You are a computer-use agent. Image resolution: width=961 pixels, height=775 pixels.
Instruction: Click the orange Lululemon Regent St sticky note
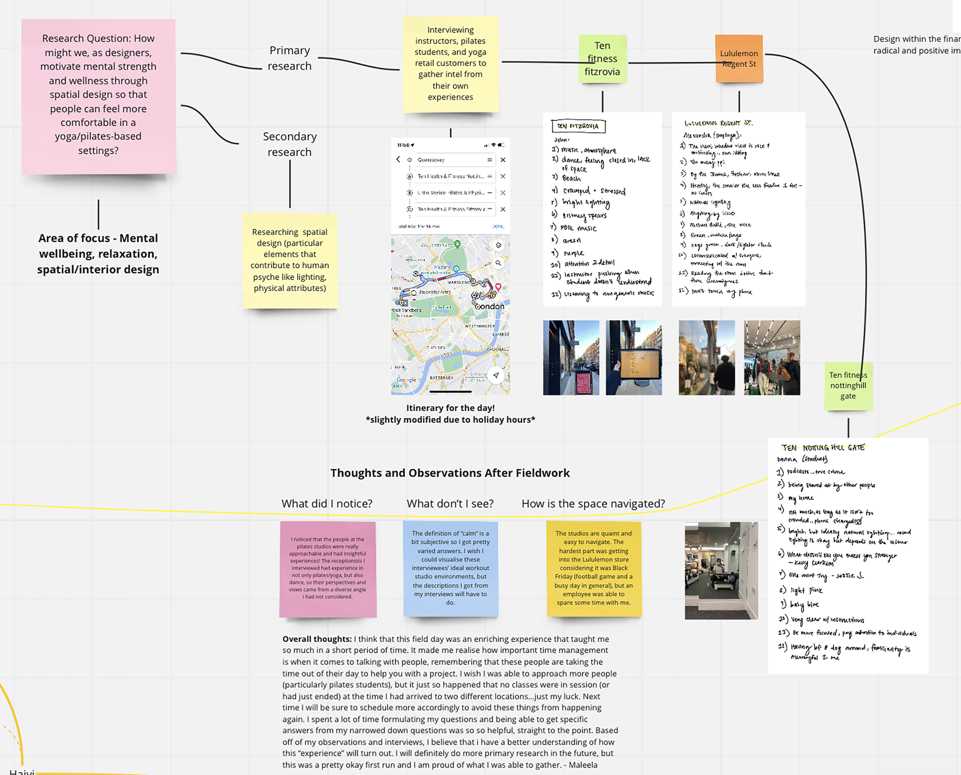click(739, 58)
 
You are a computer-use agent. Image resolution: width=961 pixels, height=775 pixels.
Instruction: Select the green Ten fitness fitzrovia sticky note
click(602, 58)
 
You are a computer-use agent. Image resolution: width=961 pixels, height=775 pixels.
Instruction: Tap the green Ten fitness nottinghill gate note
click(848, 386)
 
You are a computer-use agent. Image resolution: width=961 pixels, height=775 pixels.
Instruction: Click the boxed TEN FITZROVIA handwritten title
click(578, 126)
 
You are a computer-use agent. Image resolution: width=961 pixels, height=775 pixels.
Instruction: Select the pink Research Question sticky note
click(98, 95)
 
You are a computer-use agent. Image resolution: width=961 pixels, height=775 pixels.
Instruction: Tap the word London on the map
click(490, 306)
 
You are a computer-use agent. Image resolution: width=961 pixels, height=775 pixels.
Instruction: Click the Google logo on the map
click(406, 380)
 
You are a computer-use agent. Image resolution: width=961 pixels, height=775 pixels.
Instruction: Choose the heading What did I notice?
click(327, 504)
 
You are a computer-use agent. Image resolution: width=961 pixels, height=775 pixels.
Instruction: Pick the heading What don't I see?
click(450, 504)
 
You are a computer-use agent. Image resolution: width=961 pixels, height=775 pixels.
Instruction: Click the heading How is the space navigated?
click(593, 504)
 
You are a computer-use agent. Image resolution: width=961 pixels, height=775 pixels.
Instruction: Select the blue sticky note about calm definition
click(451, 568)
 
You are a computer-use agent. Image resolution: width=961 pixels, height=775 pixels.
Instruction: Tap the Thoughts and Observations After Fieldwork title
click(450, 473)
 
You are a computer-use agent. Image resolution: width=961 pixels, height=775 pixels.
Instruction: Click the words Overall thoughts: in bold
click(317, 639)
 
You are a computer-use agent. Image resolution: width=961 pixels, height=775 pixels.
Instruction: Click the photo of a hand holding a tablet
click(634, 358)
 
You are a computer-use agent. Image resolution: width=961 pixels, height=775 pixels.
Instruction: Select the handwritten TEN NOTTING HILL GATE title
click(823, 448)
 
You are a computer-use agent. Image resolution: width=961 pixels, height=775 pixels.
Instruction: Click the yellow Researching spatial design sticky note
click(290, 260)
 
